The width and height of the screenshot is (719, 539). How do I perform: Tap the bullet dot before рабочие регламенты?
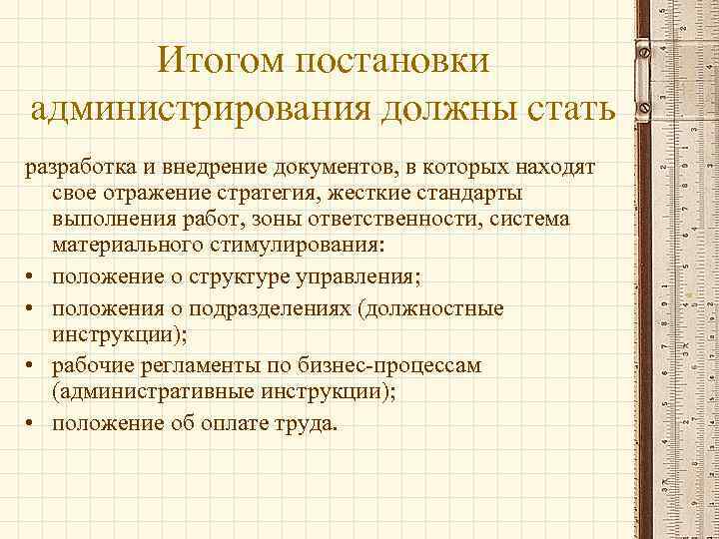35,366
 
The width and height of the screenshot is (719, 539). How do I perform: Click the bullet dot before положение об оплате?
35,424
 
